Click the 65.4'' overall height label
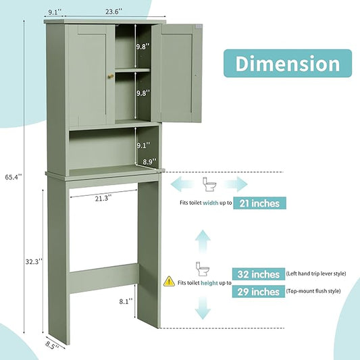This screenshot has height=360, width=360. pos(14,177)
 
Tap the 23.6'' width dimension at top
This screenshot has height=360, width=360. pos(113,11)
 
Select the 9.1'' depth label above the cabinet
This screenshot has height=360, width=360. pos(55,12)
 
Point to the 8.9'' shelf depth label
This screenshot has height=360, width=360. pos(149,161)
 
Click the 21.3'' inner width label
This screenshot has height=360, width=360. pos(103,198)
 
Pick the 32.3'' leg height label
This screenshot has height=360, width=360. pos(34,261)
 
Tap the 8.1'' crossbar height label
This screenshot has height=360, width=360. pos(126,301)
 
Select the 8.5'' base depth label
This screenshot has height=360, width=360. pos(52,345)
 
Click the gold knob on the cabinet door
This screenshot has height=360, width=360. pos(111,76)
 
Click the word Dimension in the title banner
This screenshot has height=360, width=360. pos(288,63)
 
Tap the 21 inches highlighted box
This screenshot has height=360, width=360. pos(259,203)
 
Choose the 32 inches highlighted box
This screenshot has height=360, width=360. pos(259,274)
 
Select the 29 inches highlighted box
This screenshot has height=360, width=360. pos(259,292)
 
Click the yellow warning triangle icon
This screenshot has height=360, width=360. pos(169,281)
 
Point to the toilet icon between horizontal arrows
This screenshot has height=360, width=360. pos(209,184)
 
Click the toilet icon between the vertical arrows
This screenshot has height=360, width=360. pos(202,269)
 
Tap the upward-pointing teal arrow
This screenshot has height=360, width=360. pos(203,241)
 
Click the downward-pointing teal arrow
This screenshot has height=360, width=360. pos(203,308)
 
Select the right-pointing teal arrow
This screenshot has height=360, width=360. pos(236,184)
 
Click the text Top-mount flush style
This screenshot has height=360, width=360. pos(313,291)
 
